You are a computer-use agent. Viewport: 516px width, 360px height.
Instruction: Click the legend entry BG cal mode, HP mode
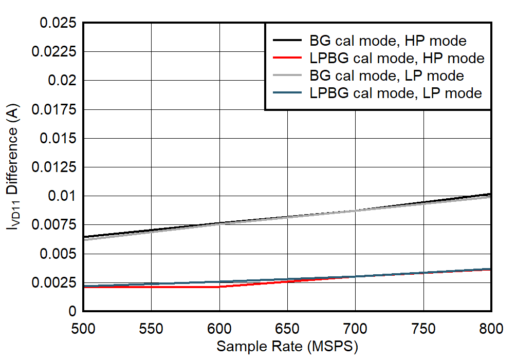(x=388, y=41)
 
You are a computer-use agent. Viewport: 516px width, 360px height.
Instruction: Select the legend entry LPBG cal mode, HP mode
(x=397, y=58)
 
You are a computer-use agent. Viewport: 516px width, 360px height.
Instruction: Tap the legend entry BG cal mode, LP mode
(x=386, y=75)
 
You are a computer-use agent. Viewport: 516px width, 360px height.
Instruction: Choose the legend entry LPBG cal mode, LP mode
(x=395, y=93)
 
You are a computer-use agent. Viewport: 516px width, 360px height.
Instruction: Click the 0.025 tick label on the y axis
(x=58, y=23)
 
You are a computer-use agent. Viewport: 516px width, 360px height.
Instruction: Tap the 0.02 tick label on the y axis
(x=62, y=81)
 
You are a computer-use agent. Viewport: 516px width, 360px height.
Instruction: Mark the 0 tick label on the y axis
(x=72, y=312)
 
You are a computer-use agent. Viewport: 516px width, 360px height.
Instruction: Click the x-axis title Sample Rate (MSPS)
(x=287, y=347)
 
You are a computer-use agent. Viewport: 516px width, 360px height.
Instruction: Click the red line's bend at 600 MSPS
(x=219, y=287)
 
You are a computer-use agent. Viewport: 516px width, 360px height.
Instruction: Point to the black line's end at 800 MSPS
(x=491, y=194)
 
